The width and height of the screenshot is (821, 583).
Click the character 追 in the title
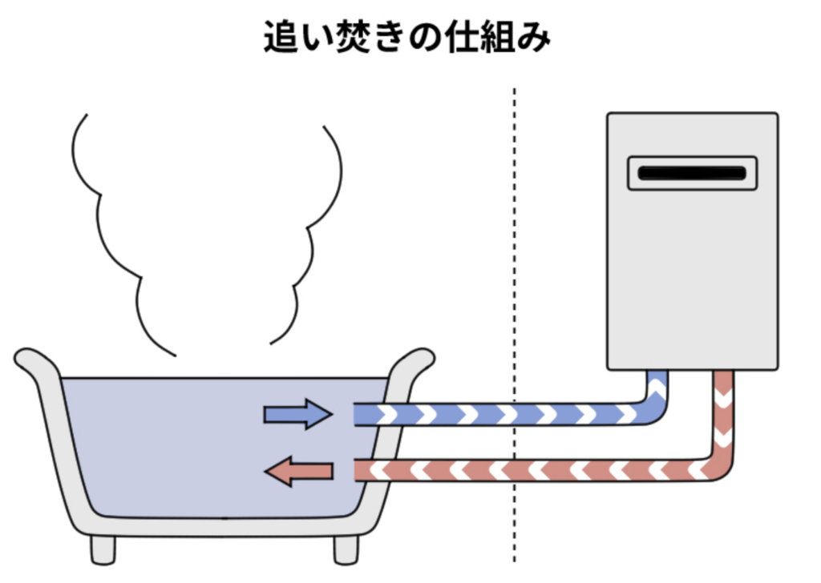pos(281,37)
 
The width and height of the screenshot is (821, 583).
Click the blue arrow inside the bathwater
pos(297,414)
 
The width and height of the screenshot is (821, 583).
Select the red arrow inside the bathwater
pos(297,472)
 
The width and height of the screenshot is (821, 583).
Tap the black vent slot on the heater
pos(692,172)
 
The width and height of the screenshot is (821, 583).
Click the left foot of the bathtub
pos(103,549)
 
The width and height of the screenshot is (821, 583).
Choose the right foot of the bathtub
pos(346,549)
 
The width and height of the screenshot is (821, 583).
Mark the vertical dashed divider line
pos(514,320)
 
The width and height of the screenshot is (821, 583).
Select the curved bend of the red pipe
pos(716,464)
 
